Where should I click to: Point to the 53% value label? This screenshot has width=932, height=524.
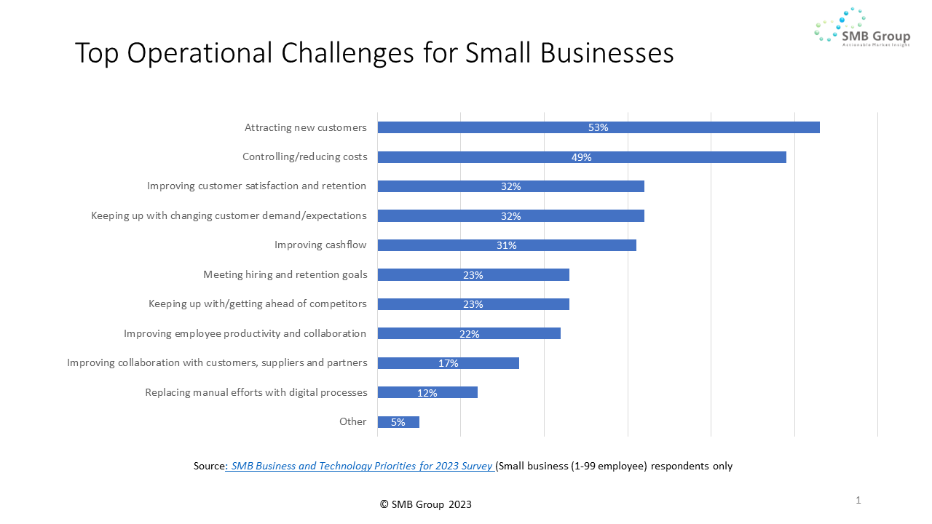[x=598, y=127]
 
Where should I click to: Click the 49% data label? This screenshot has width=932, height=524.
[x=581, y=157]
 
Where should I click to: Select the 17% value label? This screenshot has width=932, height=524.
[x=448, y=363]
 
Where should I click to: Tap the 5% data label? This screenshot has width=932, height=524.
[x=398, y=422]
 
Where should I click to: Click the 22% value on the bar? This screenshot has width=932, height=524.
[x=469, y=334]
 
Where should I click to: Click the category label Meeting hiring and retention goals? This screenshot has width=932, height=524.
[x=285, y=275]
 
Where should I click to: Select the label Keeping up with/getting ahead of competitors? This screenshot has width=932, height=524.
[x=258, y=304]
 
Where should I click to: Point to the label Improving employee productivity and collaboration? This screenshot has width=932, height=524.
[x=245, y=334]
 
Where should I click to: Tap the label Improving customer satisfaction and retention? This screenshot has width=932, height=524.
[x=256, y=186]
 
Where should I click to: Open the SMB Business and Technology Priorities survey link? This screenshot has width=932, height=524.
[x=361, y=466]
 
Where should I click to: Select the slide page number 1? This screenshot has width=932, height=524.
[x=858, y=500]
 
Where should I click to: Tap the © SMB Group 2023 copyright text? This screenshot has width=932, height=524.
[x=426, y=504]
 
